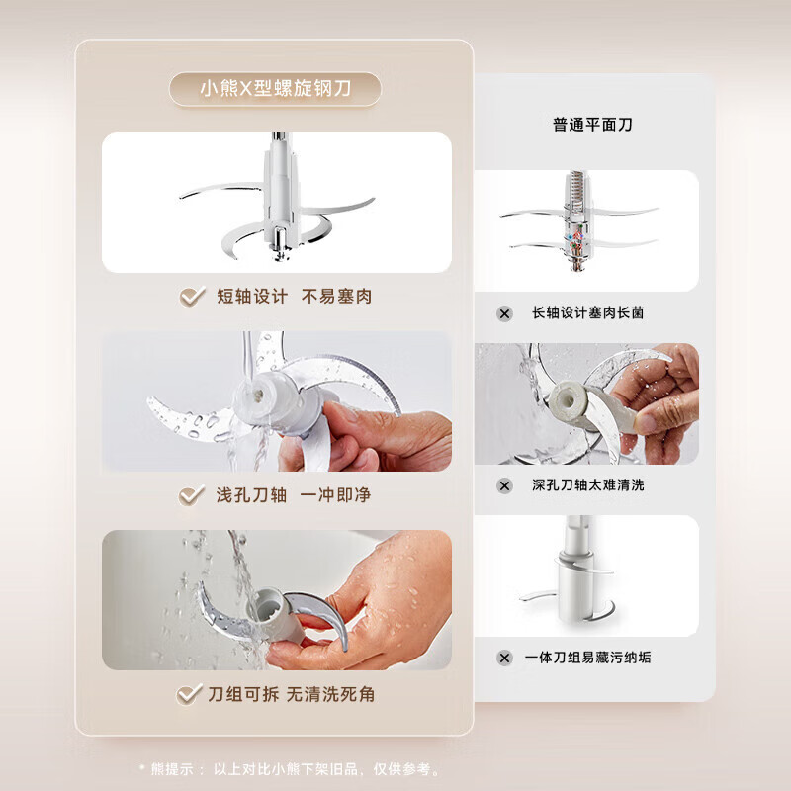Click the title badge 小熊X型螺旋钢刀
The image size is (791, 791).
click(x=275, y=89)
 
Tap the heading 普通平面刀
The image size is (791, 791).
click(x=592, y=125)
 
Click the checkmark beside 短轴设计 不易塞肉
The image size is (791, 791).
click(x=192, y=296)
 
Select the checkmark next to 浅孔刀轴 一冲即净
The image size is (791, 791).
click(x=192, y=495)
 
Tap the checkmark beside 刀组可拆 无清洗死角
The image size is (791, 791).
click(x=189, y=695)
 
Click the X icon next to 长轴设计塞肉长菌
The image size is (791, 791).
click(x=504, y=313)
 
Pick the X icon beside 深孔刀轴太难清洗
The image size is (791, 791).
click(x=504, y=485)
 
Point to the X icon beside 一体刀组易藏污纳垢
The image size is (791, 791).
click(x=504, y=658)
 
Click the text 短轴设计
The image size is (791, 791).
click(x=252, y=296)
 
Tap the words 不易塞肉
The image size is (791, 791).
click(x=336, y=296)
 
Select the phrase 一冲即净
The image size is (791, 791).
click(x=335, y=495)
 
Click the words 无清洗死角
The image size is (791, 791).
click(x=330, y=695)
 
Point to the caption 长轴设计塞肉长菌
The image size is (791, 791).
click(x=587, y=313)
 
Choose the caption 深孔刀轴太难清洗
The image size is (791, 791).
click(x=587, y=485)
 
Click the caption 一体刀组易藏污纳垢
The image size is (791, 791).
click(x=587, y=658)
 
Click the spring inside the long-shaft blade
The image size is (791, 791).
click(x=577, y=188)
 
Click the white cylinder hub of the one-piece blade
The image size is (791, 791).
click(x=573, y=589)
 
